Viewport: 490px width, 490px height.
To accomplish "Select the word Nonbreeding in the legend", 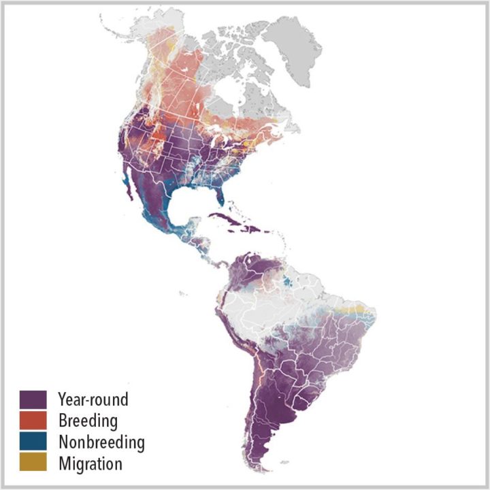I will pyautogui.click(x=101, y=442).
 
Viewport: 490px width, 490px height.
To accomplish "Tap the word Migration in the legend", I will pyautogui.click(x=91, y=464).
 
